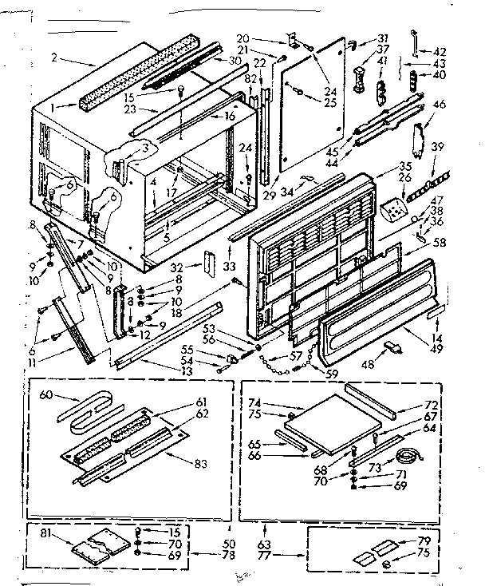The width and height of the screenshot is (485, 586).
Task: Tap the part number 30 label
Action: click(235, 60)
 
